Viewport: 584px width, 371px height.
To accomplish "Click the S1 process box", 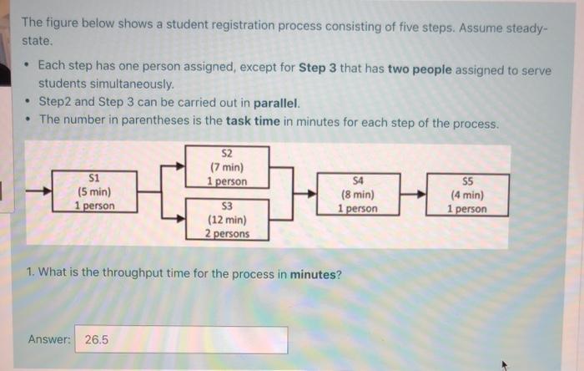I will [93, 191].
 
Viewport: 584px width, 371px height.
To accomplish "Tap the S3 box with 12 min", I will [227, 220].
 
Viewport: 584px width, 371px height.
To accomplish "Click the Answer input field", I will [181, 340].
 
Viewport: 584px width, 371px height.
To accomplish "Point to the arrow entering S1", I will [38, 191].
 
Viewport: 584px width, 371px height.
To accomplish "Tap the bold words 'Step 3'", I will [318, 69].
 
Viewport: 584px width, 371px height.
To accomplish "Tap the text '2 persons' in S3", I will [227, 234].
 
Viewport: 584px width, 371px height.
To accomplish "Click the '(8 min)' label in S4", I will [358, 194].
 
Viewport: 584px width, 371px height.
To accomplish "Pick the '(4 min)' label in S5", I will [466, 195].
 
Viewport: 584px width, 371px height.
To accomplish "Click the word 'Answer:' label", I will [48, 339].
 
